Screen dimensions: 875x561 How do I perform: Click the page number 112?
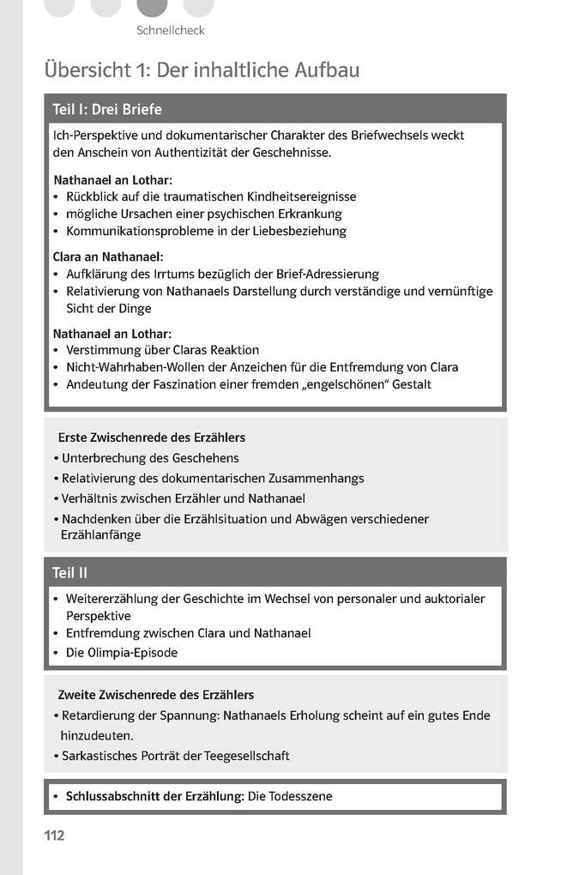click(x=54, y=835)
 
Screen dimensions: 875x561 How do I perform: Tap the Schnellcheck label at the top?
click(x=170, y=31)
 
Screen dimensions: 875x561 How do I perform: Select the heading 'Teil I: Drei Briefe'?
click(x=107, y=110)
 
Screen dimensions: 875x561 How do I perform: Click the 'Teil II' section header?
click(x=70, y=572)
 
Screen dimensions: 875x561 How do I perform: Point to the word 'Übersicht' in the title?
click(x=89, y=70)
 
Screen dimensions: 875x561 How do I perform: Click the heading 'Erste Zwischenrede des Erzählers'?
click(x=151, y=437)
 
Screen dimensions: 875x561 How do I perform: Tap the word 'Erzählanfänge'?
click(x=100, y=534)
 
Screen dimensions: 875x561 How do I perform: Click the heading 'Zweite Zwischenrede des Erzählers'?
click(x=155, y=694)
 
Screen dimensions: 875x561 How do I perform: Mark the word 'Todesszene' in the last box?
click(x=301, y=796)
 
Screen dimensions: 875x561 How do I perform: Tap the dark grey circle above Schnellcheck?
click(x=152, y=7)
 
